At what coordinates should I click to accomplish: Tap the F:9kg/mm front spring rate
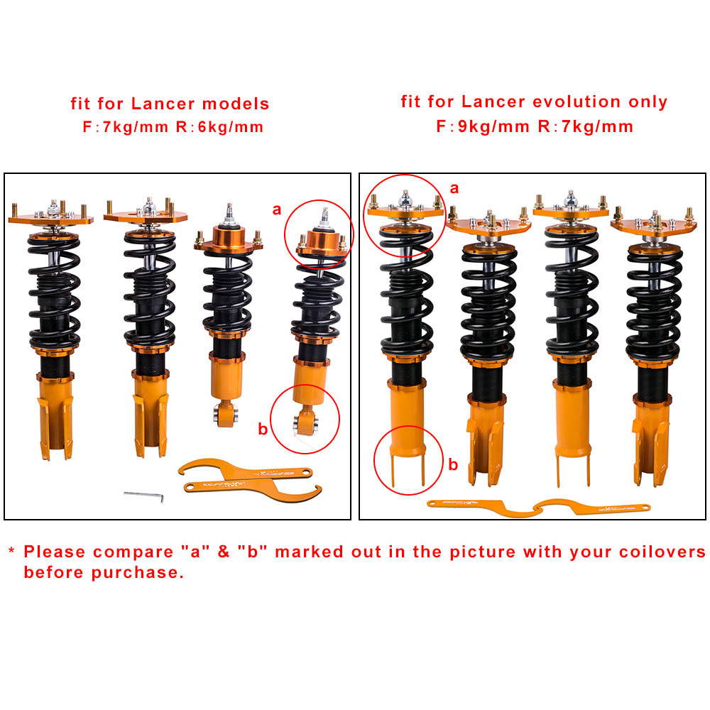pos(482,127)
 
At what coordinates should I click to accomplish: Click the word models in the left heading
pos(236,104)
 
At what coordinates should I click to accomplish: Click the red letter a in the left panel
pos(276,209)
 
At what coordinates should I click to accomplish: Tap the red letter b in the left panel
pos(262,429)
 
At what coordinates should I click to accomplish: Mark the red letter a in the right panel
pos(454,188)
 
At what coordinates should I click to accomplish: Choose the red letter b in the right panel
pos(453,466)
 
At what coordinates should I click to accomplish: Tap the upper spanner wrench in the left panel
pos(245,469)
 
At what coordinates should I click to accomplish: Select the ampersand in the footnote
pos(224,552)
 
